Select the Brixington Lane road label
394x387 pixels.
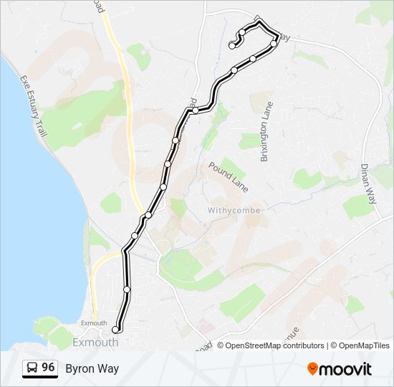click(x=266, y=132)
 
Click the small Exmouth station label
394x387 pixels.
click(x=93, y=322)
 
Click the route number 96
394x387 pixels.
click(x=48, y=368)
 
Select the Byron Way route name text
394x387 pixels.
click(x=92, y=368)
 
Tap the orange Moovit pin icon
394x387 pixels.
click(x=312, y=368)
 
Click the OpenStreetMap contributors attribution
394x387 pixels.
click(x=275, y=345)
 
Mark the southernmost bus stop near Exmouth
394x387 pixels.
click(x=115, y=330)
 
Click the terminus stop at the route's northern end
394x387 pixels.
click(x=232, y=46)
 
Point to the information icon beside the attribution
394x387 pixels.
click(x=221, y=345)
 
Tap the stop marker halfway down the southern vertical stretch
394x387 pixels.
click(x=127, y=290)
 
